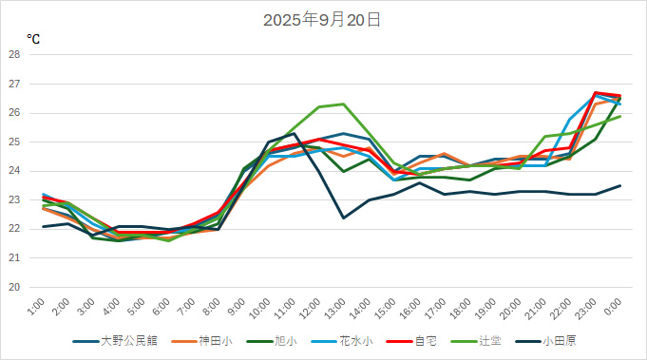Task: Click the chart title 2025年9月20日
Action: point(322,20)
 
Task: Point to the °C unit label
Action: point(34,39)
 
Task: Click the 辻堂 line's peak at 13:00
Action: point(343,104)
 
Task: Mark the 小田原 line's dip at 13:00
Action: point(343,218)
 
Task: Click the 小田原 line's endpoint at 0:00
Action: point(620,185)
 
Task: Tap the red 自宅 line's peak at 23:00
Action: point(595,92)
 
